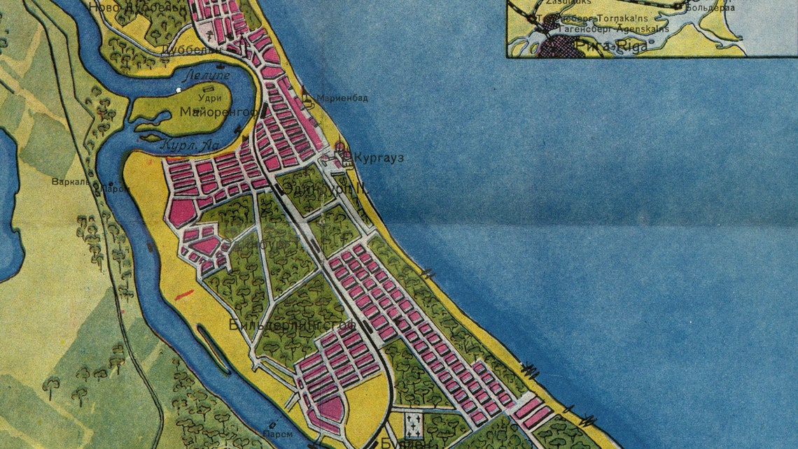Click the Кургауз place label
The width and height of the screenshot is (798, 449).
click(379, 157)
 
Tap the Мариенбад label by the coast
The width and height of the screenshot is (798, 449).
click(342, 98)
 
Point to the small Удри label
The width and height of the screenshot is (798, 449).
click(192, 99)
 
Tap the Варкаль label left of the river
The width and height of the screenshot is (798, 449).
click(70, 182)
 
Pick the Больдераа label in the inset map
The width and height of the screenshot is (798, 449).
click(708, 8)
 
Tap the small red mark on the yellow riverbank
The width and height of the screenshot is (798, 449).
click(185, 294)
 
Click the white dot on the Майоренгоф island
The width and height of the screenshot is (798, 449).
click(180, 90)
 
